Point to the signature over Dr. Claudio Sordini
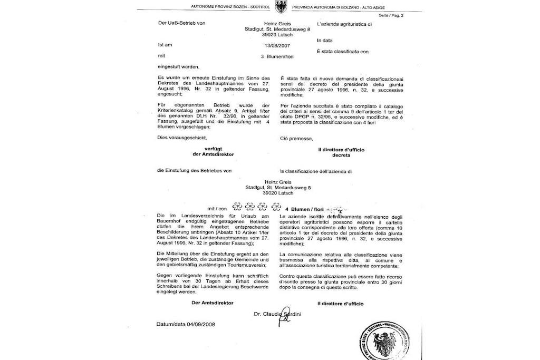coord(285,315)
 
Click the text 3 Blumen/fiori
coord(277,56)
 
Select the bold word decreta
coord(341,155)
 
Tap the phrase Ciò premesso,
coord(297,139)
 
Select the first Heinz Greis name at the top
coord(277,24)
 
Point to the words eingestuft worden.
coord(179,66)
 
